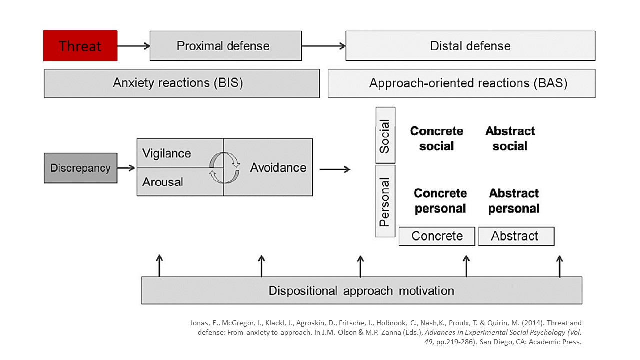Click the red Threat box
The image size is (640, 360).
coord(80,46)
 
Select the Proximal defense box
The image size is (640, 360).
coord(225,46)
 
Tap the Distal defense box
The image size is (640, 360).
coord(470,46)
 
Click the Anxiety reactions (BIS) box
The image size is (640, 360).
coord(182,83)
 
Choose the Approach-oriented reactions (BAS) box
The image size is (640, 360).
coord(461,83)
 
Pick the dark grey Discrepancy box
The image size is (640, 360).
coord(80,168)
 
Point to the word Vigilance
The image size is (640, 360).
coord(166,153)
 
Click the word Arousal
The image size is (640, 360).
coord(162,182)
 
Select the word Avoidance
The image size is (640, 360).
coord(278,168)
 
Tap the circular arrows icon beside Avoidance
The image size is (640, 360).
coord(224,167)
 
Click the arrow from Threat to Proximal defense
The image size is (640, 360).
coord(133,46)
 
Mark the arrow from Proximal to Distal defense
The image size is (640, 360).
coord(323,46)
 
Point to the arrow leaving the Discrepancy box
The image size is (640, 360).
coord(126,168)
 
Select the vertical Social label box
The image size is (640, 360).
coord(385,135)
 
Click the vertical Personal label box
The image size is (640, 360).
coord(385,201)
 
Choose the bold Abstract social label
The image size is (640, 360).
coord(510,139)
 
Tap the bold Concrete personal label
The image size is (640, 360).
coord(440,201)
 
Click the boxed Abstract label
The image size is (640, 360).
coord(516,236)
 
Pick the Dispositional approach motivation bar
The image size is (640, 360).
coord(361,290)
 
